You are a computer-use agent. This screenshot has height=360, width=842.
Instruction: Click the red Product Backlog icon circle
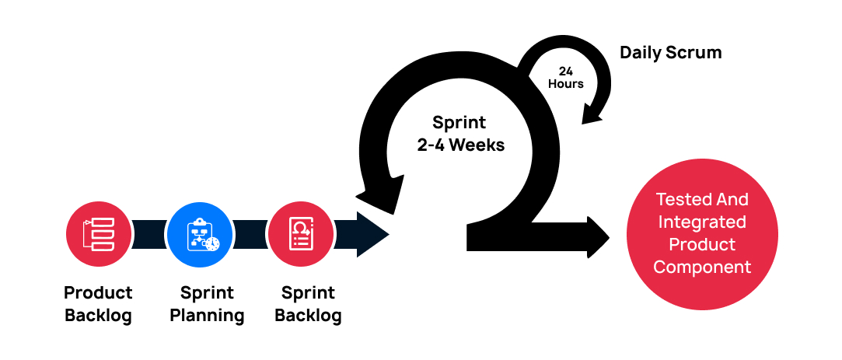tap(99, 232)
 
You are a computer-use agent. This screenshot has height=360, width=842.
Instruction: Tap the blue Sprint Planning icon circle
tap(200, 232)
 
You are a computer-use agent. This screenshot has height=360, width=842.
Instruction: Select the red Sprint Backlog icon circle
tap(301, 232)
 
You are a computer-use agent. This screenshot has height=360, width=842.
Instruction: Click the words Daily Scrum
tap(670, 53)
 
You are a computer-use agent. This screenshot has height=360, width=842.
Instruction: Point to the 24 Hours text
tap(565, 77)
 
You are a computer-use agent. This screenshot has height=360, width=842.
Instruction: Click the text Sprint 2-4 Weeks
tap(460, 133)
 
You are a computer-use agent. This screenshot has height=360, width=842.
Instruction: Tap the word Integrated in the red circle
tap(702, 222)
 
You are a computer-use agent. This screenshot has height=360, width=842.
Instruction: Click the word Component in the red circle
tap(702, 267)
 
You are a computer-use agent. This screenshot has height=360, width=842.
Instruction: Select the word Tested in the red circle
tap(678, 199)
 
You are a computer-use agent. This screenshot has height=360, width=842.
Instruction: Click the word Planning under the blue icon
tap(207, 316)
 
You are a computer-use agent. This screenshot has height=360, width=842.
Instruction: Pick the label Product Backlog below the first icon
tap(99, 304)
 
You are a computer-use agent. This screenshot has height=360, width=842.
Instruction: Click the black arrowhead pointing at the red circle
tap(599, 238)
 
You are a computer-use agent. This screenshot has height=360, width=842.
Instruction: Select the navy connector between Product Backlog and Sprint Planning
tap(148, 232)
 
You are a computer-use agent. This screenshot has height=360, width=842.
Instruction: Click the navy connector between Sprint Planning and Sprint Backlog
tap(250, 232)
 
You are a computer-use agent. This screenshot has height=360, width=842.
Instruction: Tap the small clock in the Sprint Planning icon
tap(211, 243)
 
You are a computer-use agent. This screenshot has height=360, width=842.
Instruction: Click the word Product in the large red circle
tap(702, 244)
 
